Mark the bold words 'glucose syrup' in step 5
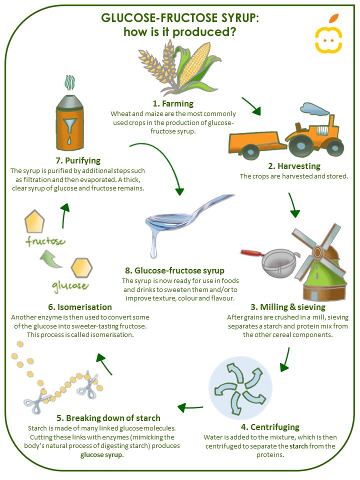(102, 455)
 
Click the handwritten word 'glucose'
(69, 286)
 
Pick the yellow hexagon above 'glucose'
(80, 267)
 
